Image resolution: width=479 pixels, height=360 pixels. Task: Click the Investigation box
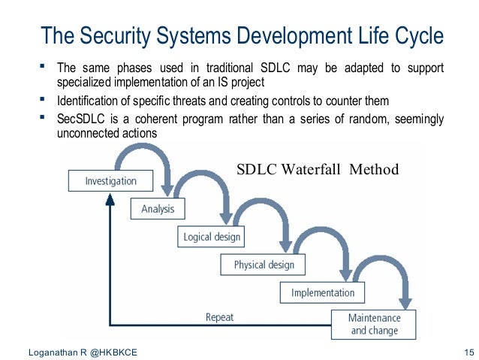pyautogui.click(x=111, y=181)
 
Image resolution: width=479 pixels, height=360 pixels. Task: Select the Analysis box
pyautogui.click(x=158, y=210)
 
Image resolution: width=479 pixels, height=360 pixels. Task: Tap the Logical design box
pyautogui.click(x=212, y=237)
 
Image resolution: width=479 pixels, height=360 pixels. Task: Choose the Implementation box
pyautogui.click(x=323, y=292)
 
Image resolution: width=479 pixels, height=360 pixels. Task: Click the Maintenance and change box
pyautogui.click(x=374, y=324)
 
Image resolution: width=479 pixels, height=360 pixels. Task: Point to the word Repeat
pyautogui.click(x=219, y=317)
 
